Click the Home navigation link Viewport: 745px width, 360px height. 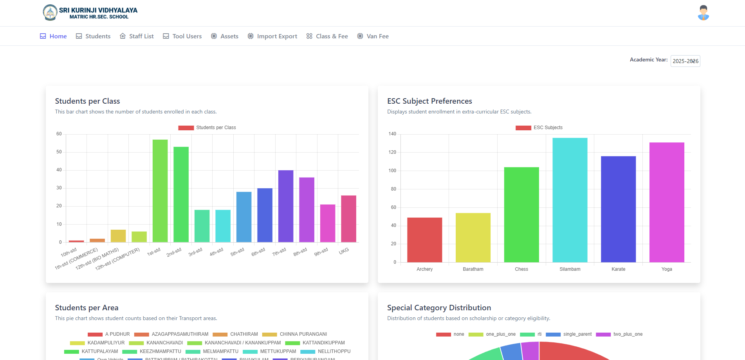click(54, 36)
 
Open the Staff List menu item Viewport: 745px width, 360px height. click(137, 36)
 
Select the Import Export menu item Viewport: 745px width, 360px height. click(272, 36)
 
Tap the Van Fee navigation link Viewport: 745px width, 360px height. click(373, 36)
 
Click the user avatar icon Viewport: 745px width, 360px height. click(703, 13)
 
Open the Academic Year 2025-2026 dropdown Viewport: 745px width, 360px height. click(685, 61)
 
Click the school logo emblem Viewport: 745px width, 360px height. click(50, 13)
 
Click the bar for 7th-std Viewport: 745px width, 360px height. click(286, 206)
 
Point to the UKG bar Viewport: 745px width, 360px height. click(348, 219)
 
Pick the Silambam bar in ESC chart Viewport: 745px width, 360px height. click(570, 200)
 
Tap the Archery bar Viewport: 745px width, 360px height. click(424, 240)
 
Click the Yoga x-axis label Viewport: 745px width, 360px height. click(667, 269)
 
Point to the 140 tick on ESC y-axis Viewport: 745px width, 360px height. click(392, 134)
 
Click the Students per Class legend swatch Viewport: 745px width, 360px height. click(186, 128)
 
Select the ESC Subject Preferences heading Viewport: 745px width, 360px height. click(429, 101)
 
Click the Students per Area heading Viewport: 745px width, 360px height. click(87, 308)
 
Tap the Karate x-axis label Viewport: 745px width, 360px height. click(618, 269)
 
